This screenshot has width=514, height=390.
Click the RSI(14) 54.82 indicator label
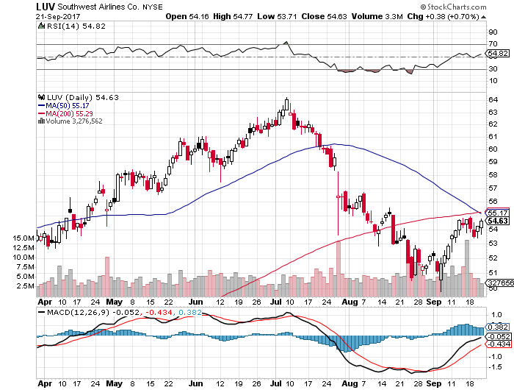[x=70, y=26]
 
